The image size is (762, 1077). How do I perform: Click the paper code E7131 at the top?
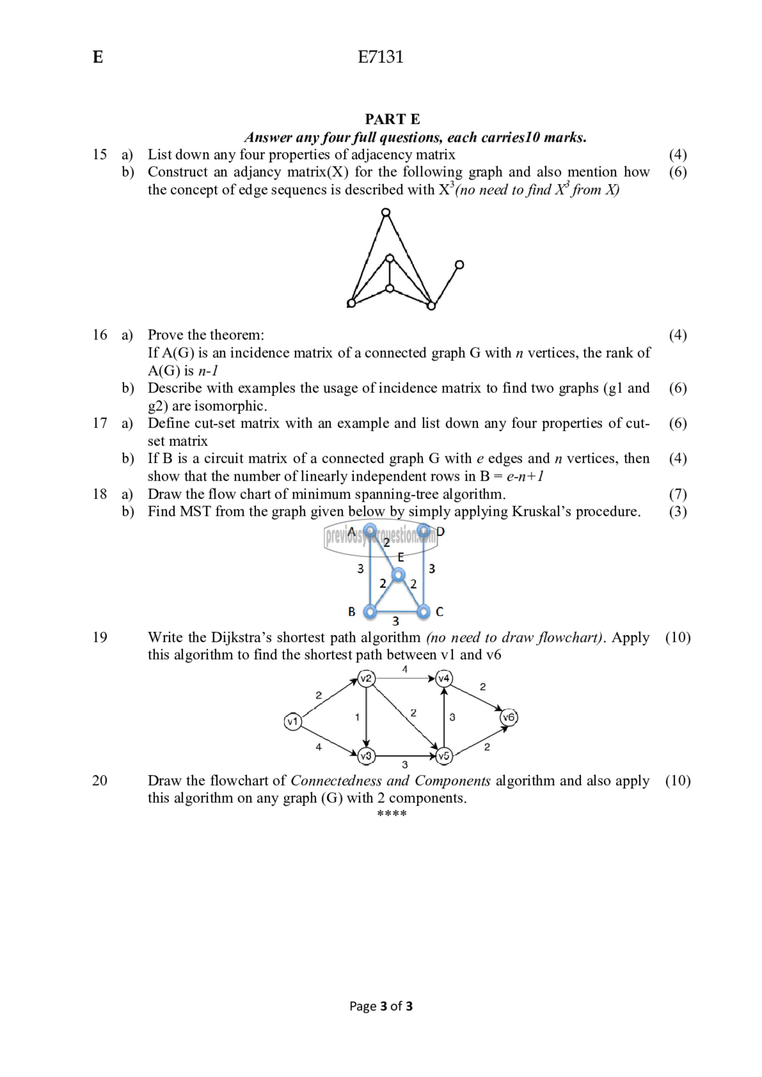pyautogui.click(x=381, y=57)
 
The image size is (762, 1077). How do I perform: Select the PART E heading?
pyautogui.click(x=392, y=119)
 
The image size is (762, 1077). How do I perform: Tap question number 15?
pyautogui.click(x=99, y=154)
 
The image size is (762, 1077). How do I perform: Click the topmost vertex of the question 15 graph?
pyautogui.click(x=386, y=213)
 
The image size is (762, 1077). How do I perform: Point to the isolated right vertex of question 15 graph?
pyautogui.click(x=459, y=265)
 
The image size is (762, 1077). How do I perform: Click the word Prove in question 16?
pyautogui.click(x=165, y=335)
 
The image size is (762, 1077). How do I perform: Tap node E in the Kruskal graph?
pyautogui.click(x=399, y=575)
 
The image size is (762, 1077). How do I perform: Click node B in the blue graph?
pyautogui.click(x=370, y=612)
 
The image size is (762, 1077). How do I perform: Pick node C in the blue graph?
pyautogui.click(x=423, y=612)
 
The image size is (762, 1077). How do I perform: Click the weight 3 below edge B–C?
pyautogui.click(x=395, y=622)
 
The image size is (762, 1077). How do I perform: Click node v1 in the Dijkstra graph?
pyautogui.click(x=292, y=721)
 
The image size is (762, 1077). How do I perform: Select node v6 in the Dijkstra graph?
pyautogui.click(x=509, y=717)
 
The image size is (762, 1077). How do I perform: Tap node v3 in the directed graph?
pyautogui.click(x=366, y=756)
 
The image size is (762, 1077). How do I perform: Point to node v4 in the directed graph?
pyautogui.click(x=444, y=678)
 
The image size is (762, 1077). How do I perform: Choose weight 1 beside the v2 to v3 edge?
pyautogui.click(x=357, y=717)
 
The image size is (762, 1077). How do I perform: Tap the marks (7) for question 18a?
pyautogui.click(x=677, y=494)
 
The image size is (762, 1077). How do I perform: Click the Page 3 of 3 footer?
pyautogui.click(x=381, y=1006)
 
